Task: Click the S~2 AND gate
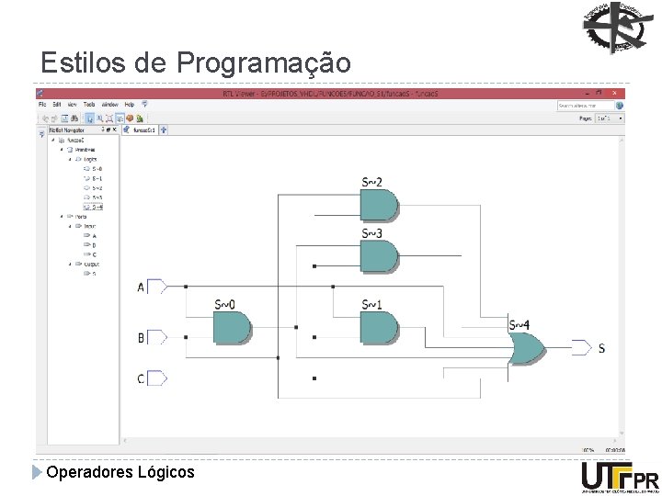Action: point(380,206)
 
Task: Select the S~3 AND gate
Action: point(380,256)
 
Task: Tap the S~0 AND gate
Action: point(232,326)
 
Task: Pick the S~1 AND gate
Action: point(380,326)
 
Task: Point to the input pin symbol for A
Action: point(156,287)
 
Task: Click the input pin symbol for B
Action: point(156,338)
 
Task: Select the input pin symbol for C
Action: point(156,378)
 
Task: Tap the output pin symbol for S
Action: point(581,347)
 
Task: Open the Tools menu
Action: point(89,105)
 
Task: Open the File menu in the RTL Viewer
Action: point(43,105)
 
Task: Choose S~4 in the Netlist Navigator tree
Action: point(97,206)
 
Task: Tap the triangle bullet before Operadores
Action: point(37,472)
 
